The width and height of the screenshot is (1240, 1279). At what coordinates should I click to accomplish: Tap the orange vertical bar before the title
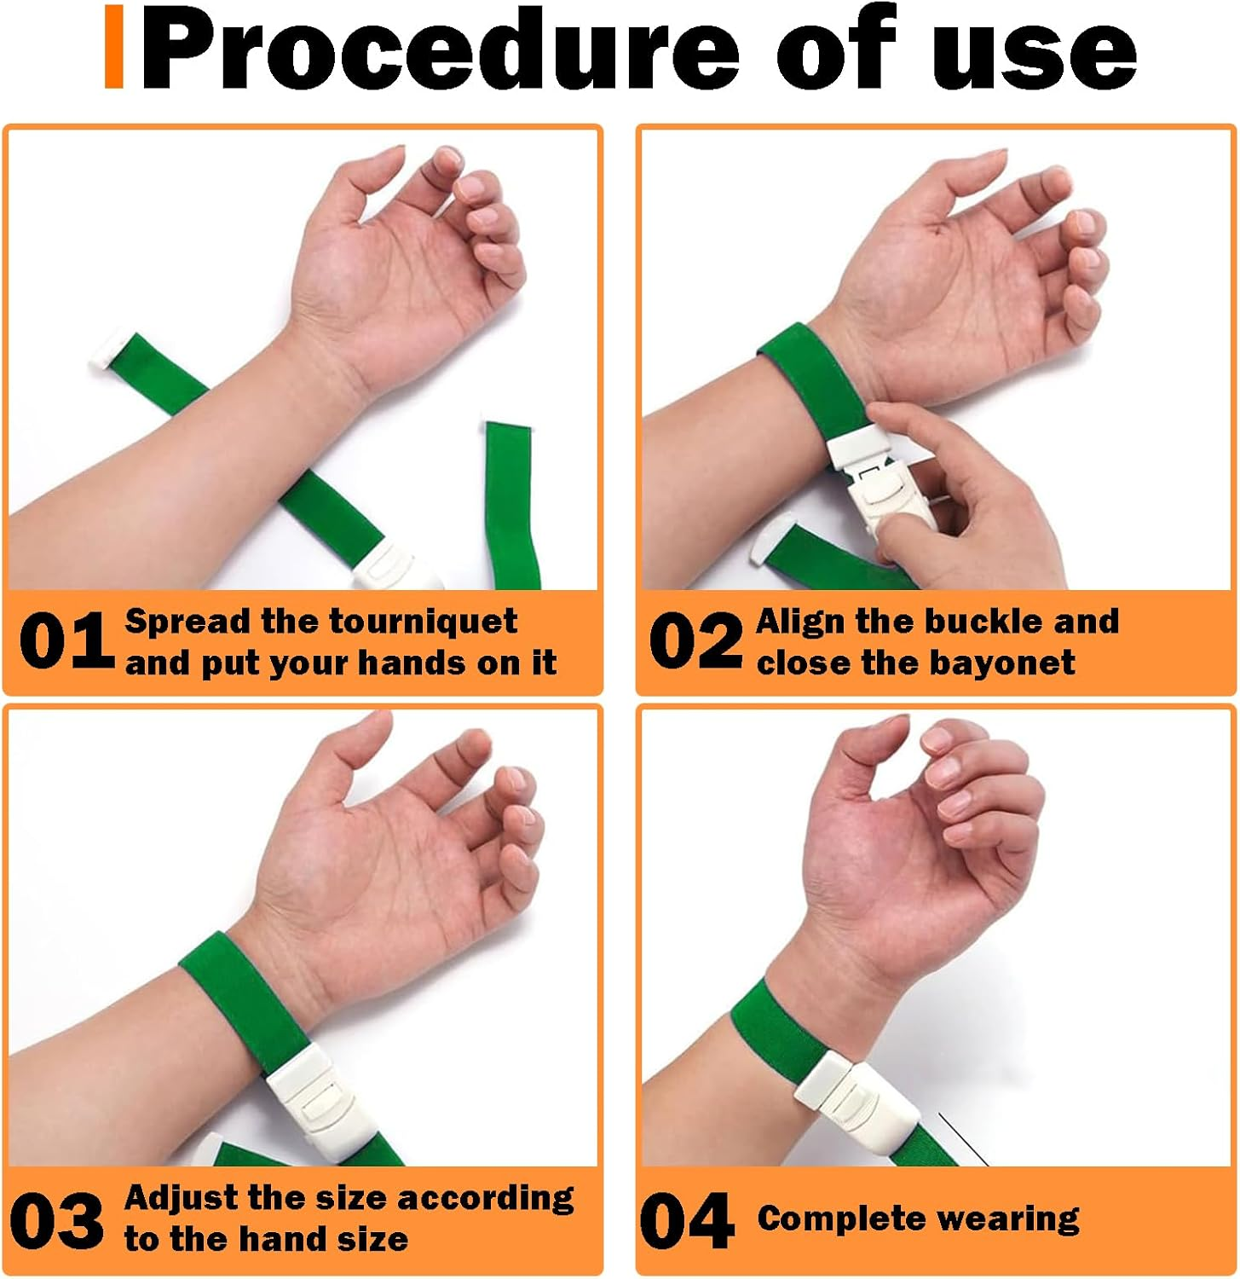click(x=114, y=48)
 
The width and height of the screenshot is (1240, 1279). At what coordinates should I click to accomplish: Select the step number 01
click(x=66, y=640)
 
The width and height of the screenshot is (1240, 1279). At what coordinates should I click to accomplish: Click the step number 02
click(x=695, y=640)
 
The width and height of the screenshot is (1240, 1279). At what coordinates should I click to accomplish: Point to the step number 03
click(x=57, y=1220)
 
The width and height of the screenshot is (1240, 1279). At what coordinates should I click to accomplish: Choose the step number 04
click(x=687, y=1220)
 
